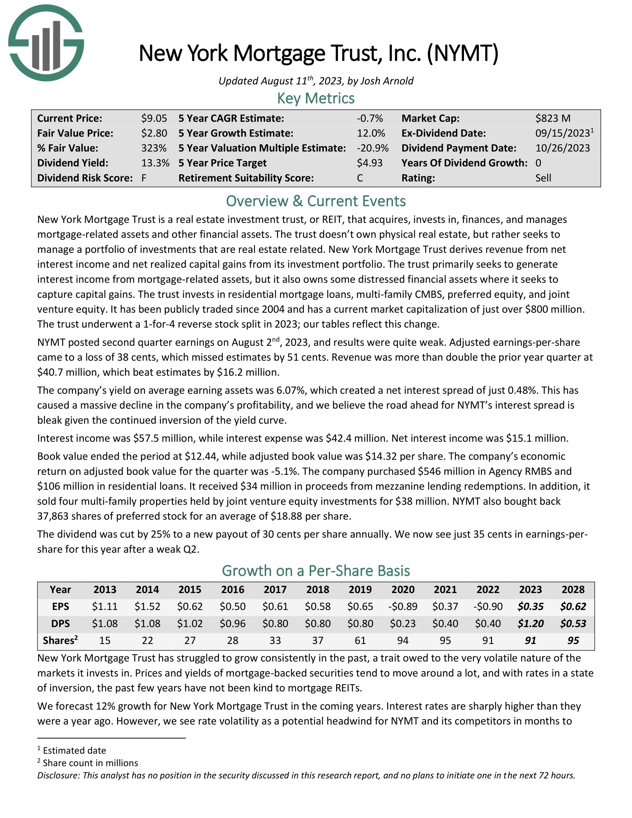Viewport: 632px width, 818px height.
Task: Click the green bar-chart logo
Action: tap(46, 43)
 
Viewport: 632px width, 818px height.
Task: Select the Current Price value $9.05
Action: tap(154, 118)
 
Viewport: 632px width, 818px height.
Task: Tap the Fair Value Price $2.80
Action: tap(154, 133)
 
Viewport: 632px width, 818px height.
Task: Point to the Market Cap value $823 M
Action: tap(552, 118)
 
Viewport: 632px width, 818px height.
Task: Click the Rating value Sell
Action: tap(543, 178)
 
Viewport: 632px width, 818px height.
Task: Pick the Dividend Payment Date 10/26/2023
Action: tap(562, 148)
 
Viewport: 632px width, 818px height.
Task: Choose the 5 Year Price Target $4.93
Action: tap(370, 163)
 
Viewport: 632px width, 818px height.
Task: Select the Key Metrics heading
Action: tap(316, 99)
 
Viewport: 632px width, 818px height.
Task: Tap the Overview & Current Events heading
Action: tap(316, 201)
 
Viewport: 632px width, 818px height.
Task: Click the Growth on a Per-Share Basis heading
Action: tap(316, 571)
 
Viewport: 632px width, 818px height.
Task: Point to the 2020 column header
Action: tap(403, 590)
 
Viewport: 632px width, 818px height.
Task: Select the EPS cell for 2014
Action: tap(148, 606)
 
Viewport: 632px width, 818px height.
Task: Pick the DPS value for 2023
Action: tap(531, 624)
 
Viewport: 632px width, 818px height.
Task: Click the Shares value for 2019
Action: tap(360, 641)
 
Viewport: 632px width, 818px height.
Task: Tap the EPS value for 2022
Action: tap(488, 606)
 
